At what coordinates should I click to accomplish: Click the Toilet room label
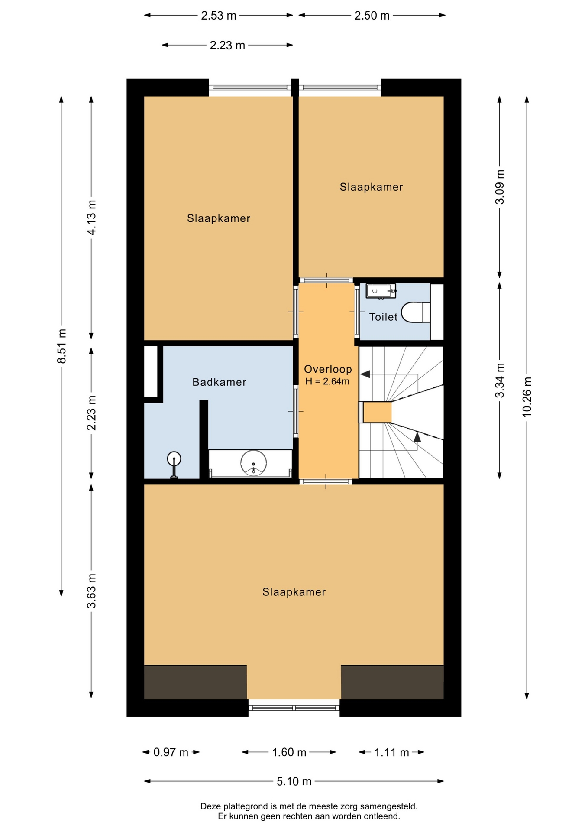tap(383, 317)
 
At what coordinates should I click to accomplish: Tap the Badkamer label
tap(219, 382)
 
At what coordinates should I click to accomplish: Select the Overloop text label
tap(328, 369)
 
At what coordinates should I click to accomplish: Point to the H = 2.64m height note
tap(327, 381)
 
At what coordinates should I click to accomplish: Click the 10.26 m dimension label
tap(527, 397)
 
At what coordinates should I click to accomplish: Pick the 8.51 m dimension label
tap(62, 346)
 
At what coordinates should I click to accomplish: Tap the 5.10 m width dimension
tap(294, 781)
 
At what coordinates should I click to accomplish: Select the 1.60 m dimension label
tap(289, 752)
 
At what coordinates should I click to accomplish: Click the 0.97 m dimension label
tap(171, 752)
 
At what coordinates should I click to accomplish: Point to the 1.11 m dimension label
tap(391, 752)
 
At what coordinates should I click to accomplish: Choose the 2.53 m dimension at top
tap(219, 16)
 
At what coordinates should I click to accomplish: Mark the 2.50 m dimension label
tap(372, 16)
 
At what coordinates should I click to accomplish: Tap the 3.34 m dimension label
tap(500, 380)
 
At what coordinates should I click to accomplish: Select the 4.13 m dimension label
tap(91, 218)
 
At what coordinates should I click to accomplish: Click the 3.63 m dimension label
tap(91, 591)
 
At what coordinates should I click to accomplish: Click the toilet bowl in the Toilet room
tap(415, 312)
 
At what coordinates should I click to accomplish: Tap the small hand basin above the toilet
tap(381, 291)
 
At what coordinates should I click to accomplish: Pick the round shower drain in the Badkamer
tap(253, 463)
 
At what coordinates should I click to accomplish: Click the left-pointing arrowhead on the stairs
tap(365, 374)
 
